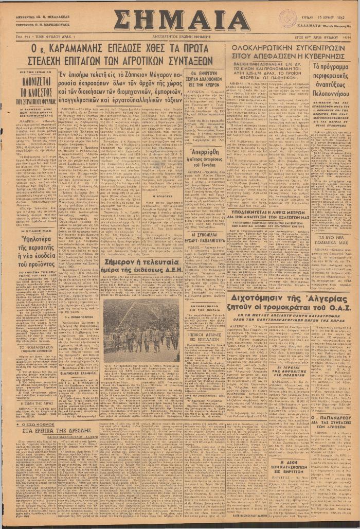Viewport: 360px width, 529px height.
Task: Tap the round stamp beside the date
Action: coord(287,17)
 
